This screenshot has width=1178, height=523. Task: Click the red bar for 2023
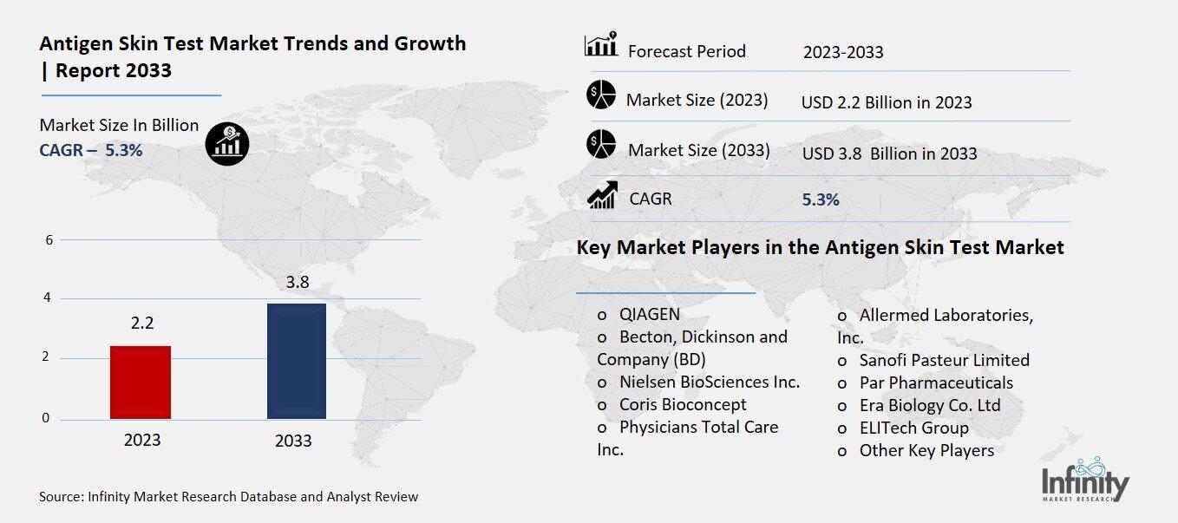click(141, 382)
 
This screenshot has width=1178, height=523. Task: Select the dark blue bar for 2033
click(297, 361)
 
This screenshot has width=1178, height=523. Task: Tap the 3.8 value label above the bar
click(298, 282)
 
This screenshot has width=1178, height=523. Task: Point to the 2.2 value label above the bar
click(142, 324)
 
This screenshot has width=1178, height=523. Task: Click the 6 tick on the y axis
click(49, 240)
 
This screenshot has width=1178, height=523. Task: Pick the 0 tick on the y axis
click(46, 419)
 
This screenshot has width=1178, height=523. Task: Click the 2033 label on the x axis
click(293, 441)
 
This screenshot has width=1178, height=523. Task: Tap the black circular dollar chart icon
click(227, 142)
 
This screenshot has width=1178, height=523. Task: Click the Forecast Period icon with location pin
click(601, 45)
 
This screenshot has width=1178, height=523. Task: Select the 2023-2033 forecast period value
click(843, 52)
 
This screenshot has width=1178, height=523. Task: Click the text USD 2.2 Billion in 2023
click(887, 102)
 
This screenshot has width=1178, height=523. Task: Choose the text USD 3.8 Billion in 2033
click(889, 154)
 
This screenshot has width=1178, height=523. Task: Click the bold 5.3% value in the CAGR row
click(821, 199)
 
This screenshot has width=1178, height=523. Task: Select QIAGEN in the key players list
click(649, 314)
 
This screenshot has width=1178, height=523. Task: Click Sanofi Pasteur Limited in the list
click(944, 360)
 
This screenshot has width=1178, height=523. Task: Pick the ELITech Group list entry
click(913, 428)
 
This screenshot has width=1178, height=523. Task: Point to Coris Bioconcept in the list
click(682, 404)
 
